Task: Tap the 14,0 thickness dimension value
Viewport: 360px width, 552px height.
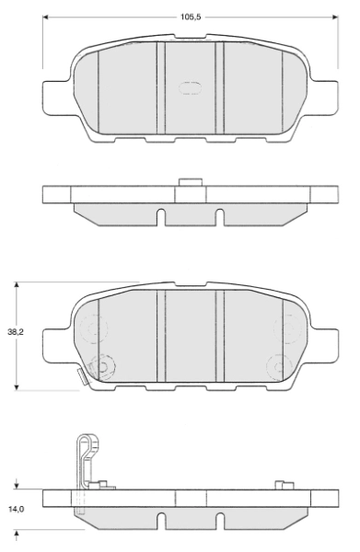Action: (x=16, y=507)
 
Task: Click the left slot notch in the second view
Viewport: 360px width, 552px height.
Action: (x=160, y=218)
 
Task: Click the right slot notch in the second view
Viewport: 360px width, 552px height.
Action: (x=219, y=218)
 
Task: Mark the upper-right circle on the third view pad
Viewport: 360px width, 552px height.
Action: (x=288, y=326)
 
